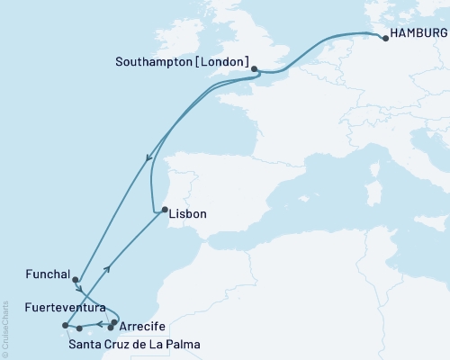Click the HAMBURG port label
click(418, 39)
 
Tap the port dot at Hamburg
click(385, 38)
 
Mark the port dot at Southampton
click(255, 68)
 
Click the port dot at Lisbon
click(164, 211)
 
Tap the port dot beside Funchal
click(76, 280)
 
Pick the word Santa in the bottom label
click(85, 344)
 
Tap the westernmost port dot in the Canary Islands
click(65, 326)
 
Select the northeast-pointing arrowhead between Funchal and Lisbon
click(108, 268)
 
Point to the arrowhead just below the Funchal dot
click(80, 290)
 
